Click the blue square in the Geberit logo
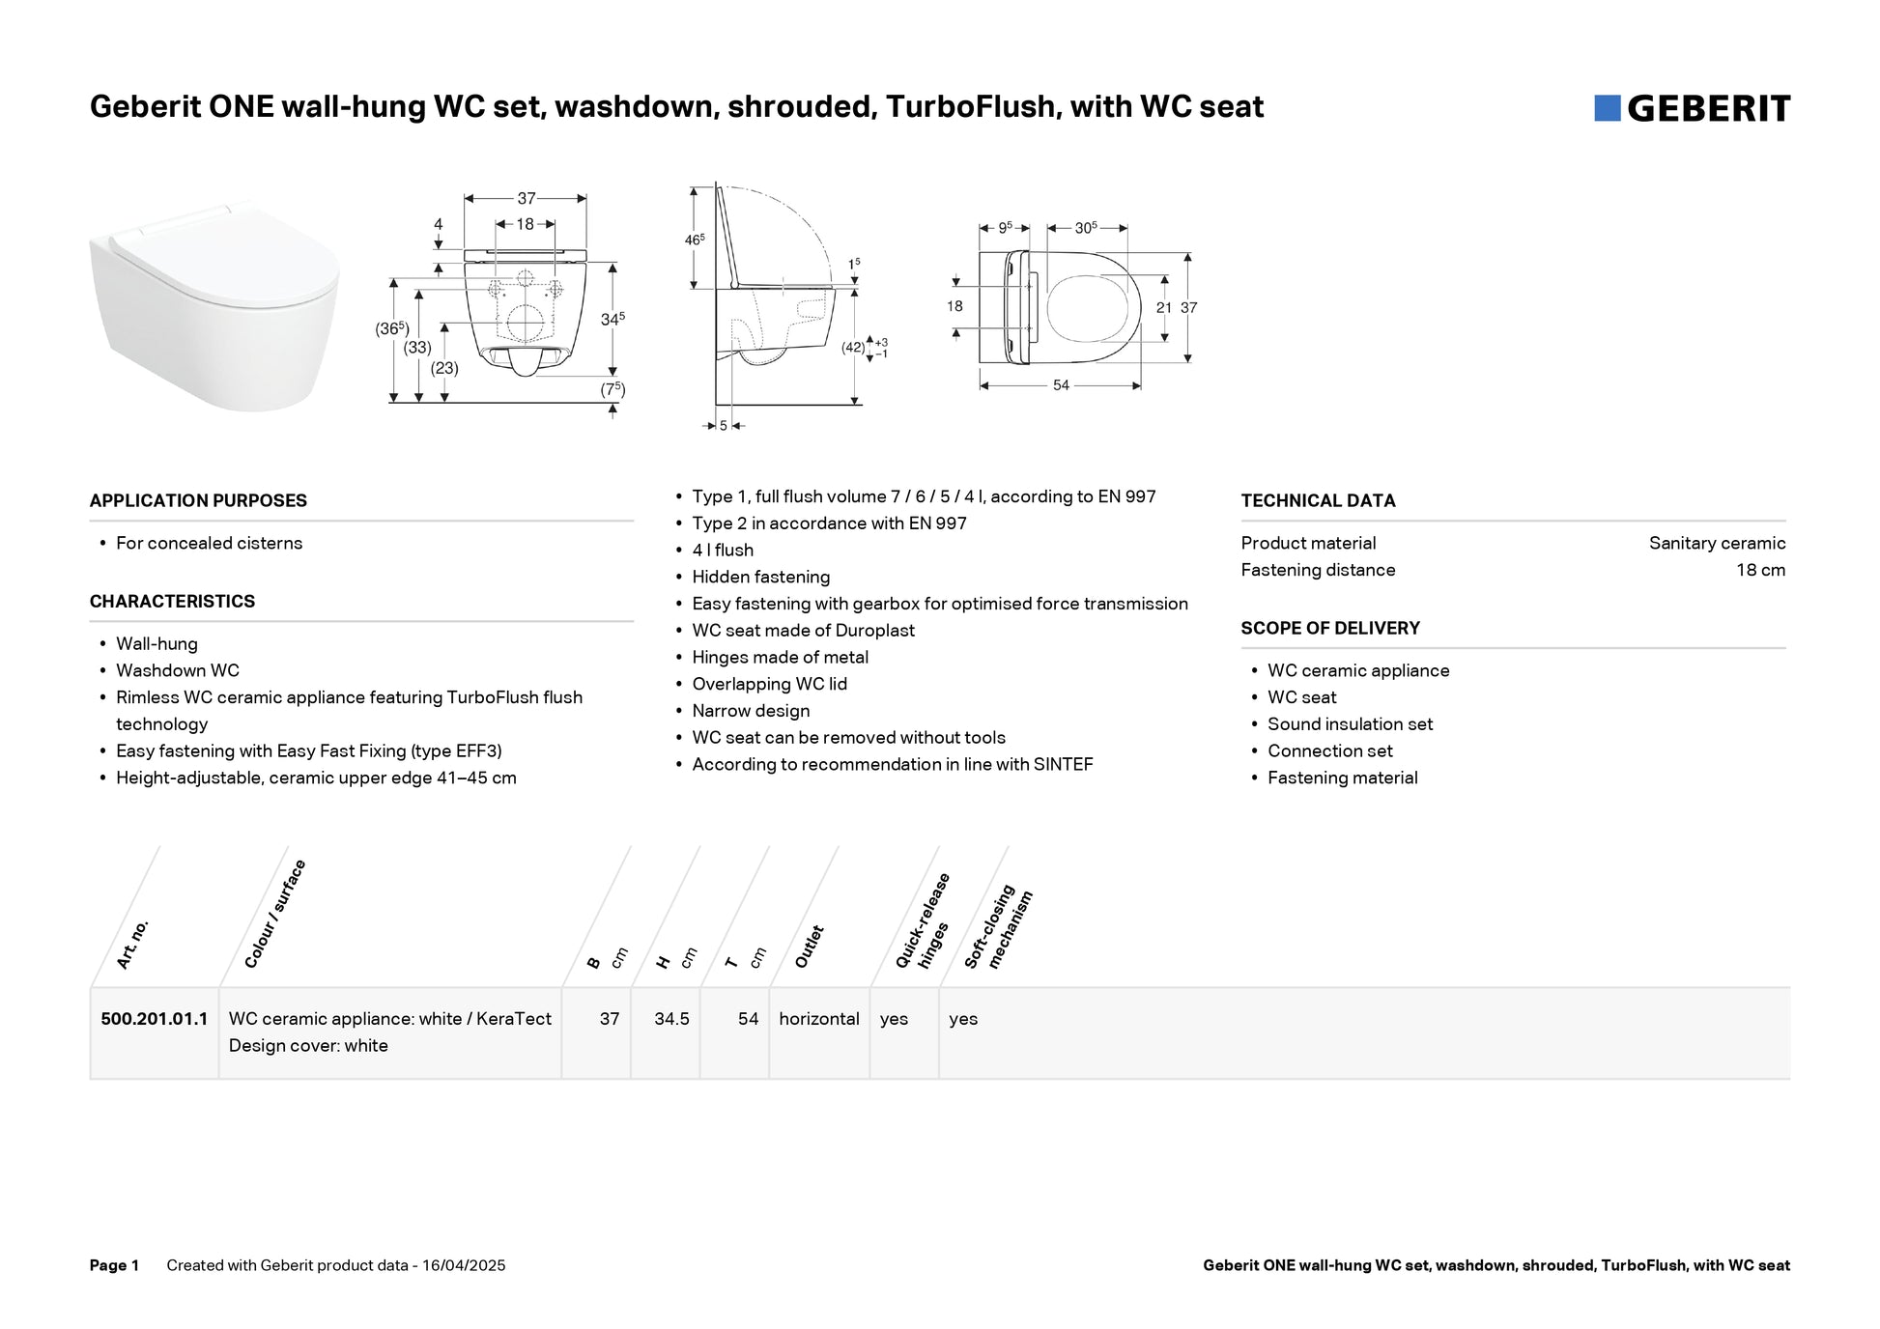point(1607,108)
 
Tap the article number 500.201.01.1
point(155,1019)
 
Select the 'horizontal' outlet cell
point(819,1019)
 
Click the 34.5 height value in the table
point(671,1019)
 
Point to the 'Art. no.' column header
point(132,944)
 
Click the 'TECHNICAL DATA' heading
point(1318,500)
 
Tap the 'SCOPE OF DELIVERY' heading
point(1330,628)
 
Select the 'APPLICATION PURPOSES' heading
point(198,500)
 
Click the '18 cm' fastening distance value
point(1760,570)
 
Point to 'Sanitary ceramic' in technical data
point(1717,543)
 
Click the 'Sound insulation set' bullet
point(1350,724)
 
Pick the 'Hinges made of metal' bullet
point(780,657)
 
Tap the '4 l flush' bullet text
point(723,550)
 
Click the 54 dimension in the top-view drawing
point(1061,385)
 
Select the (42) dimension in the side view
point(853,348)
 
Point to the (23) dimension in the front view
point(444,368)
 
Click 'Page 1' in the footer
point(114,1265)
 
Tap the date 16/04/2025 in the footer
point(464,1265)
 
